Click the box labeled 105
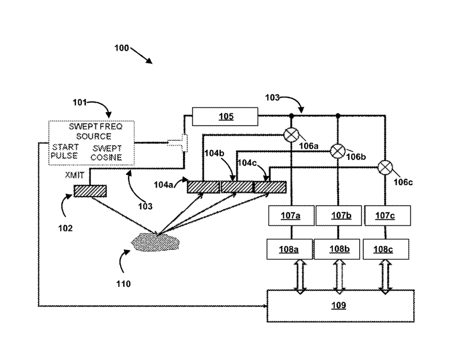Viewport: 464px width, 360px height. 225,116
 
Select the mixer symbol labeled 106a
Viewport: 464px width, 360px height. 291,135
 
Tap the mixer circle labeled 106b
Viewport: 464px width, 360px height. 337,151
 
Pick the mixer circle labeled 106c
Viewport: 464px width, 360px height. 385,168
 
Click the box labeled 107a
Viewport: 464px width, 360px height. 291,216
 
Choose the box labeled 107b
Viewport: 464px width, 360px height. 338,216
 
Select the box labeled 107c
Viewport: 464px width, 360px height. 388,216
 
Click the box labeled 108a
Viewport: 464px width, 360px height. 289,250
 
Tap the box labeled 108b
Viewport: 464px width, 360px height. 337,250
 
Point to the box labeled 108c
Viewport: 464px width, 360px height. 386,250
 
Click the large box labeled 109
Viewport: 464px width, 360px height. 340,306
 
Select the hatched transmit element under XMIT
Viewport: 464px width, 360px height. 90,191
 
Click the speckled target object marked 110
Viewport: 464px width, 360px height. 155,242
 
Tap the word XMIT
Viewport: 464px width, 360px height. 75,175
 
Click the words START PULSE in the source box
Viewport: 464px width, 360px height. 65,151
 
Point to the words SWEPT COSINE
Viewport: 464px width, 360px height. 106,153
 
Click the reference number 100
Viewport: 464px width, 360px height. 122,48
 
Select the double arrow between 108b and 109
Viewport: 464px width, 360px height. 339,277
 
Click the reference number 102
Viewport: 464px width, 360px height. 66,228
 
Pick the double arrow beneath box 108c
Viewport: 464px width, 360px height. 385,277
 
